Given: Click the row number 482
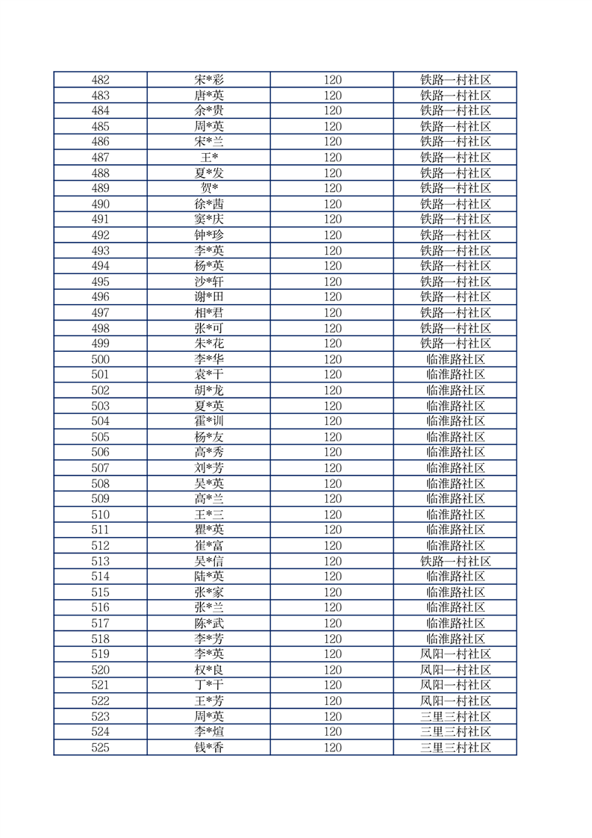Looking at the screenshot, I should [100, 80].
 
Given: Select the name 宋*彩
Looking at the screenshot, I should [209, 80].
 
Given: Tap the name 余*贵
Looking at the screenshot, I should [209, 111].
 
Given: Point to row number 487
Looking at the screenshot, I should [100, 158].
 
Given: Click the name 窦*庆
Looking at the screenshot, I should [209, 220].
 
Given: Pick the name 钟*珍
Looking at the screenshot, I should [209, 235].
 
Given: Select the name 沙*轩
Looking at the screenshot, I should [209, 282].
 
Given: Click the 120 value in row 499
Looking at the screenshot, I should [332, 344].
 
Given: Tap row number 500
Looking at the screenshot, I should [100, 359].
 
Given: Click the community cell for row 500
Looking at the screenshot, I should [455, 359].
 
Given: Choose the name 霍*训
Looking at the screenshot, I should [209, 421].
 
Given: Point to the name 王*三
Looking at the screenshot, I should [209, 515].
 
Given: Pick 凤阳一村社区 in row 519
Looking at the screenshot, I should [455, 654].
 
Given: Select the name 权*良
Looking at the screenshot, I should [209, 670].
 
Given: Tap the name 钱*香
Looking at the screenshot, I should [209, 748].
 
